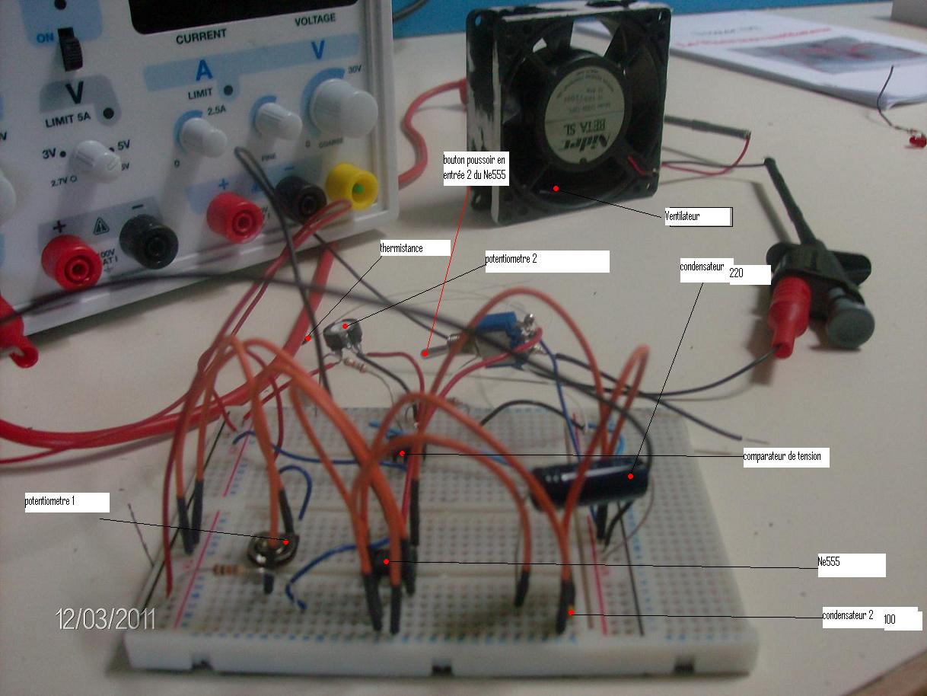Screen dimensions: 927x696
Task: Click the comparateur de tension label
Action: pyautogui.click(x=785, y=457)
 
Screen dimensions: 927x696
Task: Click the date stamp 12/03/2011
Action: pyautogui.click(x=106, y=618)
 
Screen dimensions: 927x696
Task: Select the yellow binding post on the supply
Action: pyautogui.click(x=352, y=187)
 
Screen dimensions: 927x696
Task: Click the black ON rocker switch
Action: pyautogui.click(x=70, y=49)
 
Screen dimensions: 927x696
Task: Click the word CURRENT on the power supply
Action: pyautogui.click(x=201, y=35)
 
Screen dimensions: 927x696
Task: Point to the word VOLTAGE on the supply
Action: pyautogui.click(x=314, y=20)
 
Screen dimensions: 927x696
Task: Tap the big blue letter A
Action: pyautogui.click(x=204, y=70)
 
